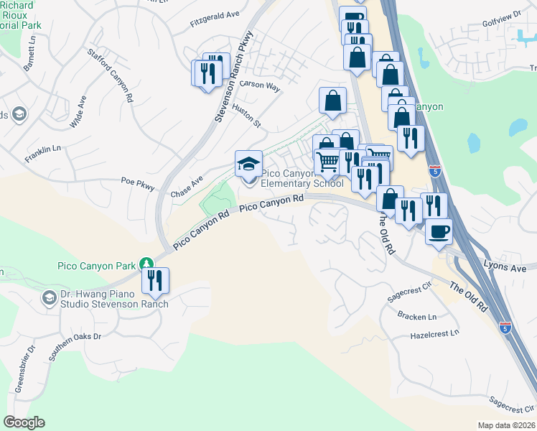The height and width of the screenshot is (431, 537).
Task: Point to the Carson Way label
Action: [260, 85]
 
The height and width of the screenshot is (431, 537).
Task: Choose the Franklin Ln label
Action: [42, 153]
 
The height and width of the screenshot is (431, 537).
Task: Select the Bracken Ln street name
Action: [417, 316]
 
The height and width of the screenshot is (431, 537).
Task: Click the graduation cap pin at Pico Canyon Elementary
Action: [248, 164]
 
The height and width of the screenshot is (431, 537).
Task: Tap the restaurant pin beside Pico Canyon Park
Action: [155, 280]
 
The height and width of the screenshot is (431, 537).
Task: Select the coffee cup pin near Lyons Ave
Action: [439, 232]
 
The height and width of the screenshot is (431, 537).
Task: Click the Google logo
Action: [24, 423]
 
